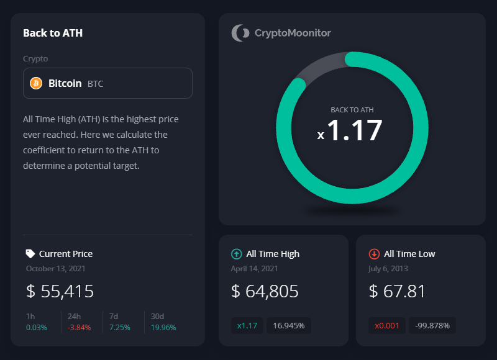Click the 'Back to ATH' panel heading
coord(53,34)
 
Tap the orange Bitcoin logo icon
coord(35,83)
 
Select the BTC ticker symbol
coord(95,83)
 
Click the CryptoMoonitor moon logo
coord(240,33)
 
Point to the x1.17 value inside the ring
coord(352,131)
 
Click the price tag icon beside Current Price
coord(30,253)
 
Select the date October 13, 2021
coord(56,269)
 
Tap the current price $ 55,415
coord(60,291)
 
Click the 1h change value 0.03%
coord(36,327)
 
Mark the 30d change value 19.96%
coord(164,327)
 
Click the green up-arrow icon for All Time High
coord(236,253)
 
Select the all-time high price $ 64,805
coord(265,291)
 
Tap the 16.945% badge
coord(289,325)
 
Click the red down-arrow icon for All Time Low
coord(374,253)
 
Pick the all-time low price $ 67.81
coord(396,291)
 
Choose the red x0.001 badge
coord(387,325)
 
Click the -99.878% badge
coord(432,325)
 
